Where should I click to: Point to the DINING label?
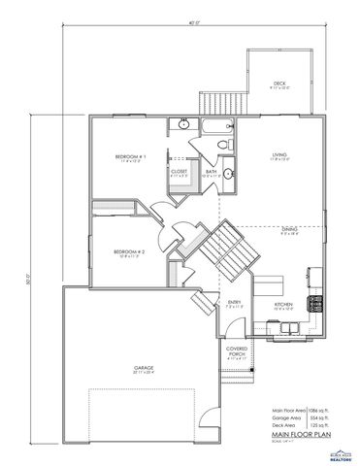point(289,229)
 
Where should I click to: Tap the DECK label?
point(279,83)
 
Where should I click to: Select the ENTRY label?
point(234,303)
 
